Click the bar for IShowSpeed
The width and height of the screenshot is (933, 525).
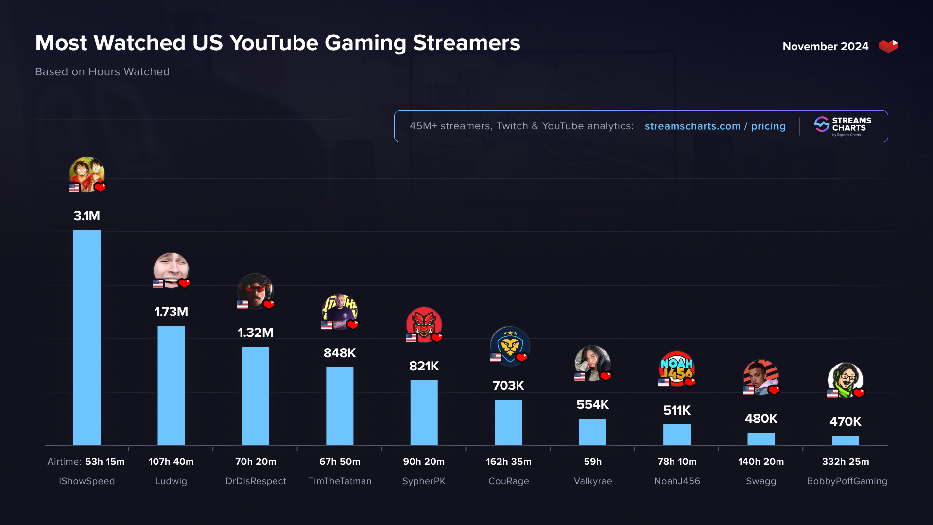[x=87, y=337]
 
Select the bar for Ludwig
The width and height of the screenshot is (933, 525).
[x=171, y=385]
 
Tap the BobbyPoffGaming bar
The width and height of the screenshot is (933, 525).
[x=845, y=440]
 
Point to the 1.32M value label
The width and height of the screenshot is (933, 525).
[x=255, y=332]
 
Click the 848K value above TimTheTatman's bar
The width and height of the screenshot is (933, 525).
[x=340, y=353]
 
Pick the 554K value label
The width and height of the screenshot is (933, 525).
[x=592, y=404]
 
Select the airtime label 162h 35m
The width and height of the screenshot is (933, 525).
[x=508, y=462]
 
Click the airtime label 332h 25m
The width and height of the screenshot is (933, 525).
[x=846, y=462]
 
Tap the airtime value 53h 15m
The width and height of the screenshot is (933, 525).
[x=105, y=462]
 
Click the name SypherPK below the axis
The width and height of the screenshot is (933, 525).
[x=424, y=481]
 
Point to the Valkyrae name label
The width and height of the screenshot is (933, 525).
[x=593, y=481]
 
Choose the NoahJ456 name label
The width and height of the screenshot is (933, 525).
[x=677, y=481]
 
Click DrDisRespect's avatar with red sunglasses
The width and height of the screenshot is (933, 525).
[x=255, y=291]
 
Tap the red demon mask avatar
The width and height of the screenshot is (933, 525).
[x=424, y=324]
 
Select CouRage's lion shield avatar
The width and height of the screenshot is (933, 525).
[x=509, y=345]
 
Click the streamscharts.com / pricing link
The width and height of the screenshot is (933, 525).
[x=715, y=126]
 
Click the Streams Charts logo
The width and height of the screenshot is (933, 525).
[x=843, y=126]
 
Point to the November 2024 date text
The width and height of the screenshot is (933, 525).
[x=825, y=46]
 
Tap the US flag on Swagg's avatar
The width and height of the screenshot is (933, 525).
[x=748, y=390]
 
